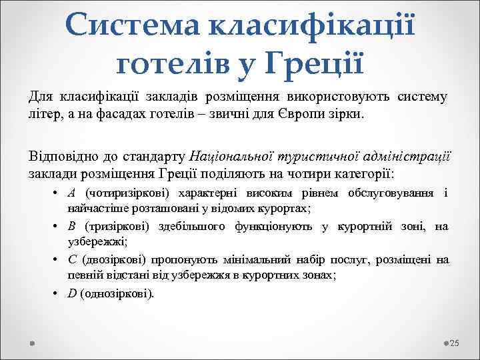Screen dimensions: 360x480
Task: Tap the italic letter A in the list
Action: click(71, 193)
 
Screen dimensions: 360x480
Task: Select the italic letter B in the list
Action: click(71, 227)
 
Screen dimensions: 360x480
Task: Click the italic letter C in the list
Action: click(71, 259)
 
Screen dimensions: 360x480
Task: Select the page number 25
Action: click(455, 343)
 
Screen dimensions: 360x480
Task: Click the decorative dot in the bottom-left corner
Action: click(33, 343)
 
